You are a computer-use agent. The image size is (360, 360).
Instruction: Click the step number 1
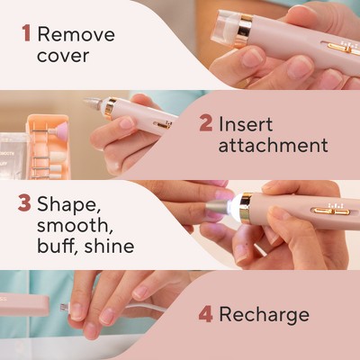coord(26,33)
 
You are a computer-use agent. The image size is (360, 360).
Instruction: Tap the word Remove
coord(76,34)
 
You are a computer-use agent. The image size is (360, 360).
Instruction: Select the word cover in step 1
coord(63,56)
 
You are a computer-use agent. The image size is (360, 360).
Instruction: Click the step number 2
coord(205,123)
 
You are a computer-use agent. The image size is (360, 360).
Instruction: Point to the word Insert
coord(246,123)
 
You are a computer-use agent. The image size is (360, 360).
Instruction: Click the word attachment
coord(273,145)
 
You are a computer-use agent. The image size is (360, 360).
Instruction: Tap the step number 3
coord(24,203)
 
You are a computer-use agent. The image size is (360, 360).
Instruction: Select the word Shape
coord(68,205)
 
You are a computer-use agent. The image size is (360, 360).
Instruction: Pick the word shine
coord(109,246)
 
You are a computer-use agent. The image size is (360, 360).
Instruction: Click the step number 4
coord(206,314)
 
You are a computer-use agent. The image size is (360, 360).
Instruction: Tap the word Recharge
coord(264,315)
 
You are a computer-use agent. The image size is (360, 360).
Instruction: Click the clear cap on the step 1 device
coord(229,29)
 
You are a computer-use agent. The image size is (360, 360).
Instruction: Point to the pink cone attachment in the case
coord(58,130)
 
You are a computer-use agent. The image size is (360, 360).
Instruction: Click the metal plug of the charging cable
coord(65,307)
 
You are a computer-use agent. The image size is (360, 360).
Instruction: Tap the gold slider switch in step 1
coord(343,48)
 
